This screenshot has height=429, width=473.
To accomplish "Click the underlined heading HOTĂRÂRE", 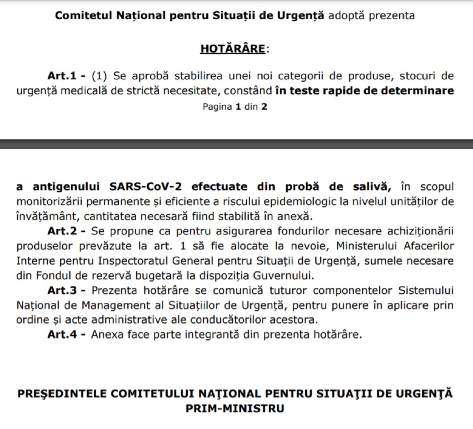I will (233, 49).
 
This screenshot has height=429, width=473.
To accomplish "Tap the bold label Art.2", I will (62, 231).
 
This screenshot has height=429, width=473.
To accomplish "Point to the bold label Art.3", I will (62, 290).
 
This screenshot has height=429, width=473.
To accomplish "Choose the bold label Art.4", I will (62, 335).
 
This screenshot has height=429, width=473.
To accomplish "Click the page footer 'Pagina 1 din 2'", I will (235, 107).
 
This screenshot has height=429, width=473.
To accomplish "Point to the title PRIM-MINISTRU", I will (235, 408).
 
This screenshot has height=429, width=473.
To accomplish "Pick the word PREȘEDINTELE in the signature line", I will (62, 394).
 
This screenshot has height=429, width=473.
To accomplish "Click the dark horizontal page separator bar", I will (236, 144).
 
